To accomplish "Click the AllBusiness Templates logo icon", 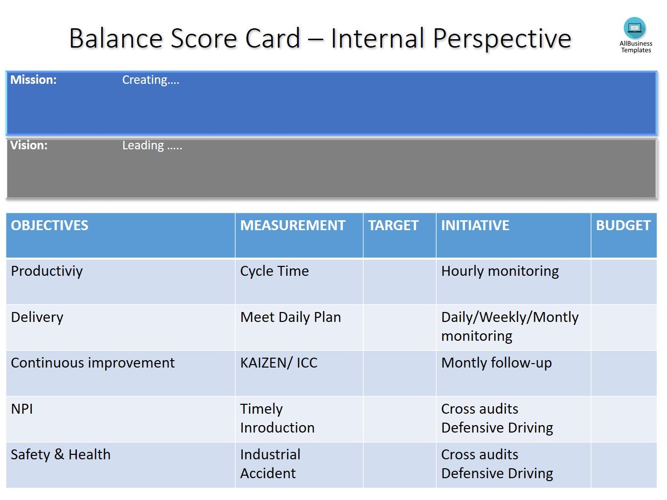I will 635,28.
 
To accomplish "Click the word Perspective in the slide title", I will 502,39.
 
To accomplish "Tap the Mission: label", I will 33,80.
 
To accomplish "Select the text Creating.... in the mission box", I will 150,80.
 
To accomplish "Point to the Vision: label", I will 29,145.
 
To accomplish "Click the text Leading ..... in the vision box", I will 152,145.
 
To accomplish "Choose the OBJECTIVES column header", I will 50,226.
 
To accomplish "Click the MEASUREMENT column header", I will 292,226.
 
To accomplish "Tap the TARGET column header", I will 393,226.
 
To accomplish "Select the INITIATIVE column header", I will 475,226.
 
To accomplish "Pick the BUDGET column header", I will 623,226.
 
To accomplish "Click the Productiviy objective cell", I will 47,271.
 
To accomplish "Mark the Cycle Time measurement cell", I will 274,271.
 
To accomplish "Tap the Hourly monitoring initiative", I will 500,271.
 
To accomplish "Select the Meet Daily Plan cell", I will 290,317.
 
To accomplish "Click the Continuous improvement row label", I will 93,363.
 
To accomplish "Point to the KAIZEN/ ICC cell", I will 278,363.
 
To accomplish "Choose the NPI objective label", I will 22,409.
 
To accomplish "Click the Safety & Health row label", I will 61,455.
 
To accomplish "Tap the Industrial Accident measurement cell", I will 270,464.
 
